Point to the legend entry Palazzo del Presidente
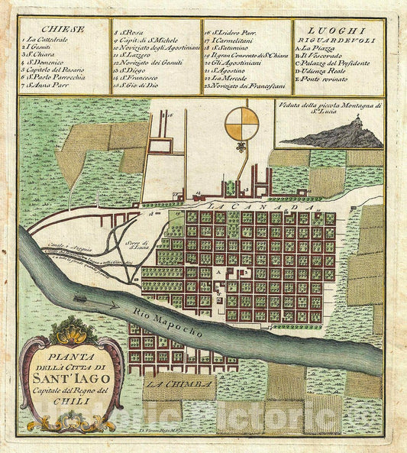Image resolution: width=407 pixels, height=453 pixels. click(x=338, y=62)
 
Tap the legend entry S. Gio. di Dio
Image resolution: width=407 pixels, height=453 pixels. click(x=138, y=86)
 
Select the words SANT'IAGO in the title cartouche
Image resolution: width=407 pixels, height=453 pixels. click(x=71, y=378)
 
